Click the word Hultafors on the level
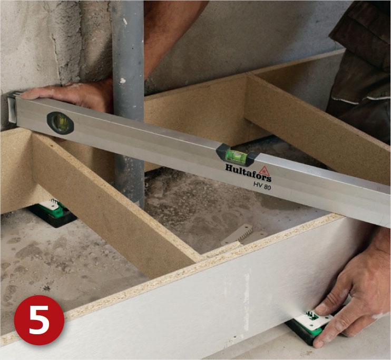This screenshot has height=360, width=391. [248, 173]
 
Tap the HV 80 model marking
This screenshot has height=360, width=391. [262, 186]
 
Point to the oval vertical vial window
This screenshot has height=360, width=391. [60, 123]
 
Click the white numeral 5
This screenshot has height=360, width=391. [39, 320]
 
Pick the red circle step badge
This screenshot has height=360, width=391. [39, 320]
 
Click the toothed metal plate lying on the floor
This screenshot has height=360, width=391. [245, 235]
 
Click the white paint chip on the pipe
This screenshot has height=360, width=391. [122, 81]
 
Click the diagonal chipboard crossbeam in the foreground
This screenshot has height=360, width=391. [112, 207]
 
